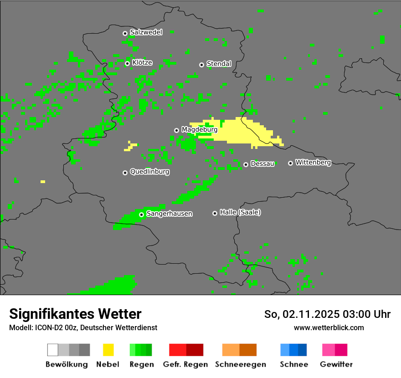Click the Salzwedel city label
[x=146, y=32]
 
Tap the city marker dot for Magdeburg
[x=177, y=130]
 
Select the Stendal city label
[x=219, y=64]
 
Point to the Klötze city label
[x=142, y=62]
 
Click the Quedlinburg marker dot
[x=125, y=173]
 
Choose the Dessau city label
[x=262, y=163]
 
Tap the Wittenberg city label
[x=313, y=162]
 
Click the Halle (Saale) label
[x=240, y=212]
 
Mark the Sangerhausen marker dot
[x=142, y=215]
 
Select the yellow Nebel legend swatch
[x=108, y=350]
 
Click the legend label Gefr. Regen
[x=185, y=364]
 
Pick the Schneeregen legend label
[x=240, y=364]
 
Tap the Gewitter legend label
[x=336, y=364]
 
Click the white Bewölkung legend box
[x=53, y=350]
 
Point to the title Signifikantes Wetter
[x=75, y=314]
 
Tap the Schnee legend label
[x=294, y=364]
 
